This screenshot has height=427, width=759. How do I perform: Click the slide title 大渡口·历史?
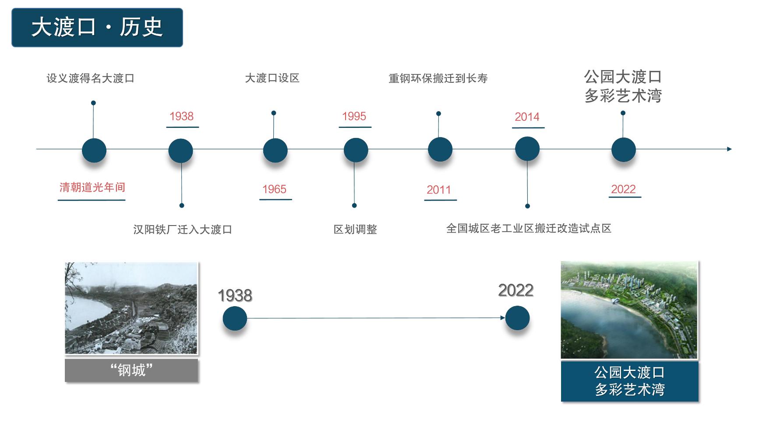(97, 27)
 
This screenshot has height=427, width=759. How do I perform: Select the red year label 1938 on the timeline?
(182, 116)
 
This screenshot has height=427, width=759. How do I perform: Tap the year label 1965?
(274, 189)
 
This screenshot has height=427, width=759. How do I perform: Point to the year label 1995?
(354, 116)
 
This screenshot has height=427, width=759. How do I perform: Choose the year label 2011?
(439, 190)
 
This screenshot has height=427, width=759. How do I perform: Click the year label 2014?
(527, 117)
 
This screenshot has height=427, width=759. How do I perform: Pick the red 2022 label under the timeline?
(623, 189)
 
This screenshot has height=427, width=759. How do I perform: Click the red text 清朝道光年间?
(92, 187)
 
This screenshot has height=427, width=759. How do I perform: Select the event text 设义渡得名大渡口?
(90, 78)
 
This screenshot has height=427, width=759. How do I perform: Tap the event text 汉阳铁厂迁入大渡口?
(183, 229)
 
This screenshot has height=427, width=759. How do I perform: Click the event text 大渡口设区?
(272, 78)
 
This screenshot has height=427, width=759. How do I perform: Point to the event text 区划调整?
(355, 229)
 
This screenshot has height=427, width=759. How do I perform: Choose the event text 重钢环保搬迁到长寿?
(438, 78)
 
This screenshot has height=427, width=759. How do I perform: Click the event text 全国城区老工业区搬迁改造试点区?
(529, 229)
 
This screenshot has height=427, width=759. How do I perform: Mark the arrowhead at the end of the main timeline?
(729, 149)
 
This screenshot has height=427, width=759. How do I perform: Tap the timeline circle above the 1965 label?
(275, 150)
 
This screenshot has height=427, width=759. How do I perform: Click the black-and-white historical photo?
(131, 308)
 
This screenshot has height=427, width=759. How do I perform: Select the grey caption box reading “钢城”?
(131, 371)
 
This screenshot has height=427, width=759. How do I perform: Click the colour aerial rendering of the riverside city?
(629, 310)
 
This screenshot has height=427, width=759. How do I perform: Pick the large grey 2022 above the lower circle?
(516, 290)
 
